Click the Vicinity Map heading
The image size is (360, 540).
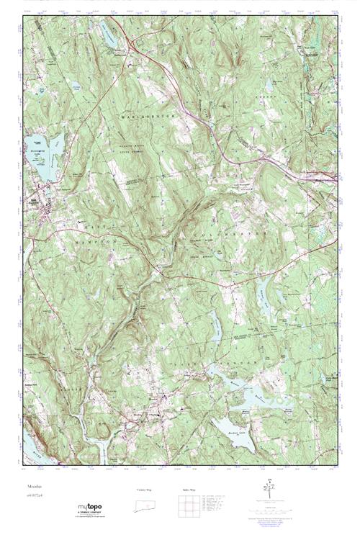[x=144, y=489]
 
